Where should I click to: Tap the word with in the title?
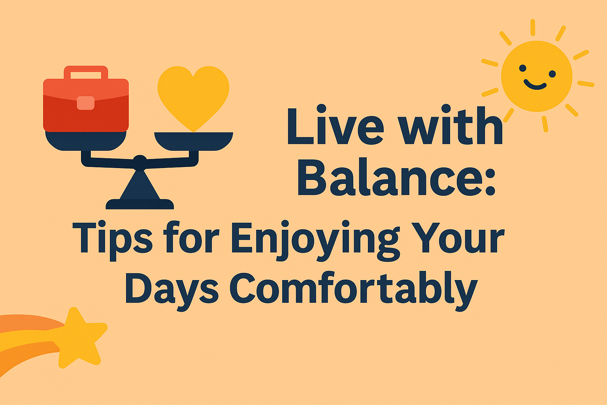click(x=451, y=125)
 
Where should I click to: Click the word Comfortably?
click(x=354, y=290)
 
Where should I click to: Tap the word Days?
click(x=172, y=290)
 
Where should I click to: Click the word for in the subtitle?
click(x=191, y=237)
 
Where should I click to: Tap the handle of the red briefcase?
click(x=86, y=72)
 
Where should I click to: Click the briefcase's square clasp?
click(x=86, y=103)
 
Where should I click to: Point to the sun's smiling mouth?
click(x=535, y=85)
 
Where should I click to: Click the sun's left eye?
click(x=522, y=68)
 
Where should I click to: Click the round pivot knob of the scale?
click(x=140, y=163)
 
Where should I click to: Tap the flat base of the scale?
click(x=139, y=204)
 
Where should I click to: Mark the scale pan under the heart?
click(x=194, y=141)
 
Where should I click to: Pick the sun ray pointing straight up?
click(x=533, y=27)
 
